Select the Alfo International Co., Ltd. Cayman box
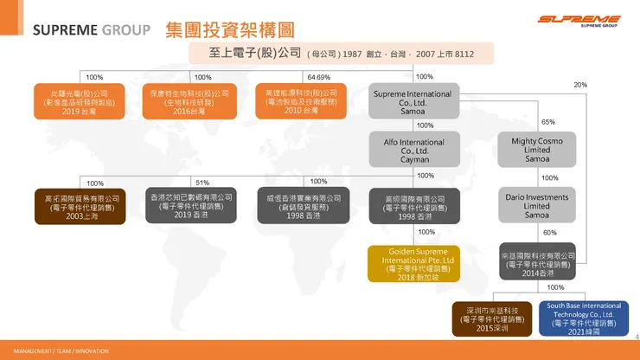coord(411,149)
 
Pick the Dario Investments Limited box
coord(537,205)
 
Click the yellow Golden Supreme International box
coord(411,262)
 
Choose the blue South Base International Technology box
coord(584,318)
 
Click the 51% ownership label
coord(202,183)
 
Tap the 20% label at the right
coord(580,85)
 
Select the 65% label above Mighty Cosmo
coord(547,122)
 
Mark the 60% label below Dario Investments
coord(549,233)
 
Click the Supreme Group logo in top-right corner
coord(578,22)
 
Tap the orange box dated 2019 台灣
coord(71,100)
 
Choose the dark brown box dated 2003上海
coord(71,206)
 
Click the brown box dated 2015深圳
coord(491,318)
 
